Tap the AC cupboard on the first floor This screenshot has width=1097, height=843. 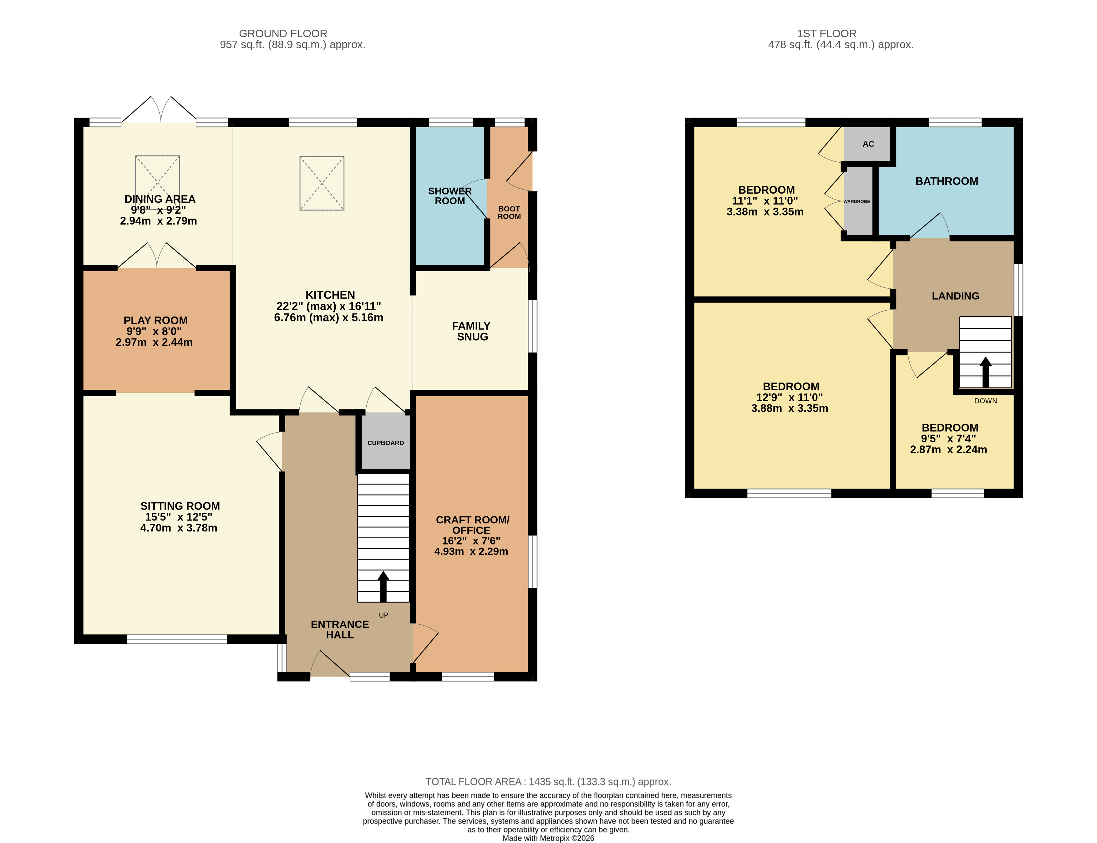pyautogui.click(x=868, y=144)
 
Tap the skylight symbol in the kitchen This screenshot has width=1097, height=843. pyautogui.click(x=322, y=183)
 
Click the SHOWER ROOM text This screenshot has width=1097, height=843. pyautogui.click(x=449, y=196)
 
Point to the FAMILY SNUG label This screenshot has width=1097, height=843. pyautogui.click(x=471, y=331)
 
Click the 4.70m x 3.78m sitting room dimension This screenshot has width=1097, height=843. pyautogui.click(x=179, y=527)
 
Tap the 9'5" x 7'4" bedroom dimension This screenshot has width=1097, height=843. pyautogui.click(x=948, y=439)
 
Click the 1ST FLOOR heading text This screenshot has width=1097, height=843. pyautogui.click(x=826, y=33)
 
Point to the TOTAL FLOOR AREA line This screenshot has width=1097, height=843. pyautogui.click(x=548, y=781)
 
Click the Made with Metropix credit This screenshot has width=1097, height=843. pyautogui.click(x=548, y=838)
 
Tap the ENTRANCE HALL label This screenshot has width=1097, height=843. pyautogui.click(x=340, y=629)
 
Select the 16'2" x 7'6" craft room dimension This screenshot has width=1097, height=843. pyautogui.click(x=471, y=541)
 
